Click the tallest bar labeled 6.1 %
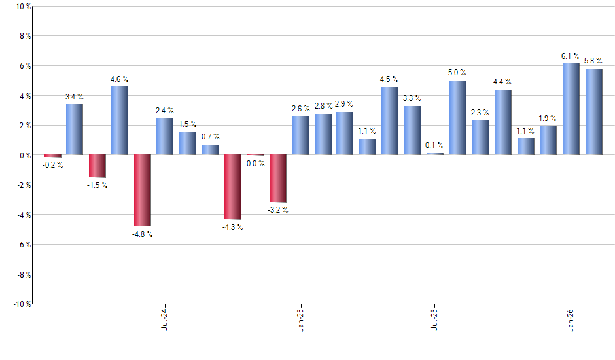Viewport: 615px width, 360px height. point(571,109)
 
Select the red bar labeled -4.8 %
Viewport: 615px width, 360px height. point(143,190)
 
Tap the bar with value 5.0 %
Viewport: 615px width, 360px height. point(458,118)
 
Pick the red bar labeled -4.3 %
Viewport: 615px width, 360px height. point(233,187)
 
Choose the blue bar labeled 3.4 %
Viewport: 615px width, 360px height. point(75,130)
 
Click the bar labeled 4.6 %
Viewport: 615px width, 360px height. point(120,120)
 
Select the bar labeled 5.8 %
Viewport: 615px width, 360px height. point(594,112)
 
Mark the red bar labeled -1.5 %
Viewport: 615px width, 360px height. point(97,166)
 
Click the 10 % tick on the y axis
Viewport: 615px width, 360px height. point(22,7)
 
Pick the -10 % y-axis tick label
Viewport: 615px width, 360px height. point(21,304)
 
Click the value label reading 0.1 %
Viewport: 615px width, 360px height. point(434,145)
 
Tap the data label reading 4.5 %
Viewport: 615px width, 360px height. point(389,80)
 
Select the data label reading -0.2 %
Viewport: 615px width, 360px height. point(53,165)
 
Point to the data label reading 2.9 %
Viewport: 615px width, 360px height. point(344,104)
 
